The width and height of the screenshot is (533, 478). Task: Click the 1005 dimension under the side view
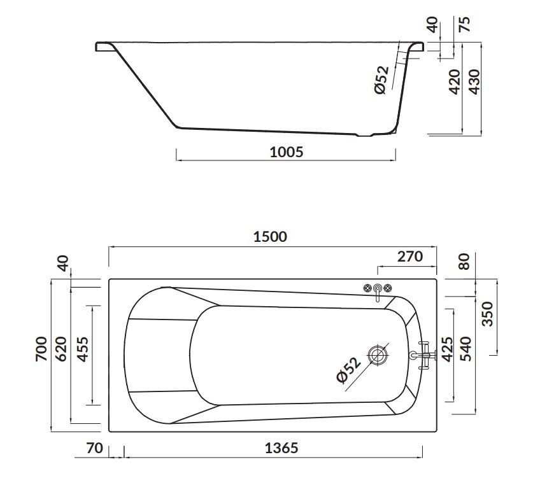point(287,151)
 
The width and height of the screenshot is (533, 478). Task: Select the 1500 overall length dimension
point(270,237)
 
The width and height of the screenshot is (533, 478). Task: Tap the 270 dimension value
point(409,257)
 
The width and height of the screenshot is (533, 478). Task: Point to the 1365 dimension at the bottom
point(281,447)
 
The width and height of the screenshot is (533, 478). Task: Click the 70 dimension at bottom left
point(94,447)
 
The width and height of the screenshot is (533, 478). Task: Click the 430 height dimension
point(474,81)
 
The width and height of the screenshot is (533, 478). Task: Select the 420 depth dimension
point(455,81)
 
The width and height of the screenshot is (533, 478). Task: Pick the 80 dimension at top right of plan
point(464,261)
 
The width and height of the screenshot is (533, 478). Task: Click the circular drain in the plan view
point(379,354)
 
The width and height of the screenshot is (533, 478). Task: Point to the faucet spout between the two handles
point(378,291)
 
